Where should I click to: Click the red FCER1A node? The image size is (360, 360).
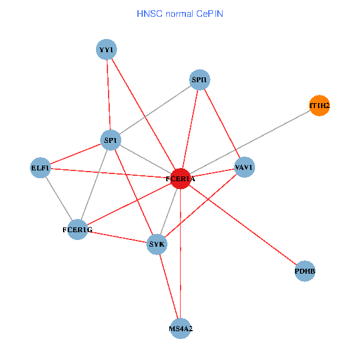181,178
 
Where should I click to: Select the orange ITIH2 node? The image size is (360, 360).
319,106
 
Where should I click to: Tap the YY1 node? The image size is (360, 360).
106,49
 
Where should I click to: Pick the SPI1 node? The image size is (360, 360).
200,80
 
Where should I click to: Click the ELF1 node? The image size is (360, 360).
40,168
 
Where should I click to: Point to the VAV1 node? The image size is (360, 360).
244,167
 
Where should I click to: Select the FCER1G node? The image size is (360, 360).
77,229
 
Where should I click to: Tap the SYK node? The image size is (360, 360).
157,244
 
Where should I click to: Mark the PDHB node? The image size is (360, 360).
305,271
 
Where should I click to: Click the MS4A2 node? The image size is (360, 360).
181,328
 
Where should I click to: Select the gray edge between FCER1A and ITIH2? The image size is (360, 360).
250,142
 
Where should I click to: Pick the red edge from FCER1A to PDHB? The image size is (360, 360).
243,225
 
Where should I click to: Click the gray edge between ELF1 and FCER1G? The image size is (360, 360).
59,199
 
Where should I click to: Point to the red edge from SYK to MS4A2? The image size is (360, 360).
169,286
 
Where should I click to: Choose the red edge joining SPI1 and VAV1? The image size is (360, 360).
222,123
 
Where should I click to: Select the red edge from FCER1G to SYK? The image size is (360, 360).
117,236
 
